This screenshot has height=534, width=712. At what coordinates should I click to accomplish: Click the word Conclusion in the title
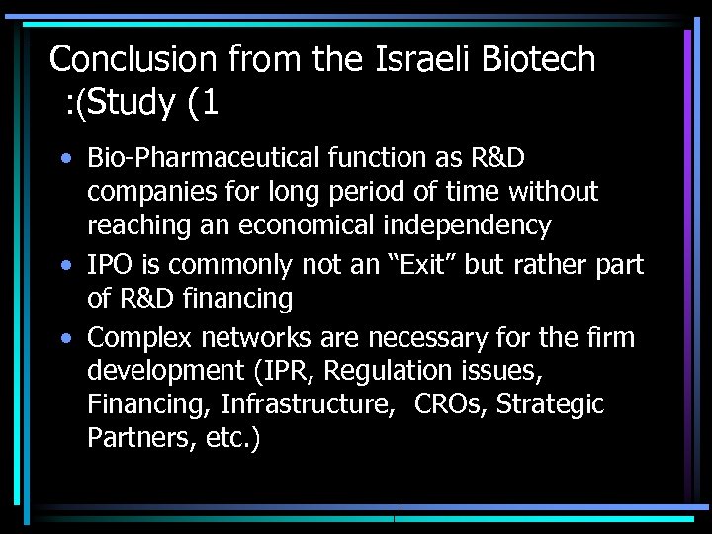133,60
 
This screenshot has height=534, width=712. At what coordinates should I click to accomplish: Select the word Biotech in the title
539,60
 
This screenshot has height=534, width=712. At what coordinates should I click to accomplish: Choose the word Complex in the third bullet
140,339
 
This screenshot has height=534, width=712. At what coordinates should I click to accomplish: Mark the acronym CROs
451,405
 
